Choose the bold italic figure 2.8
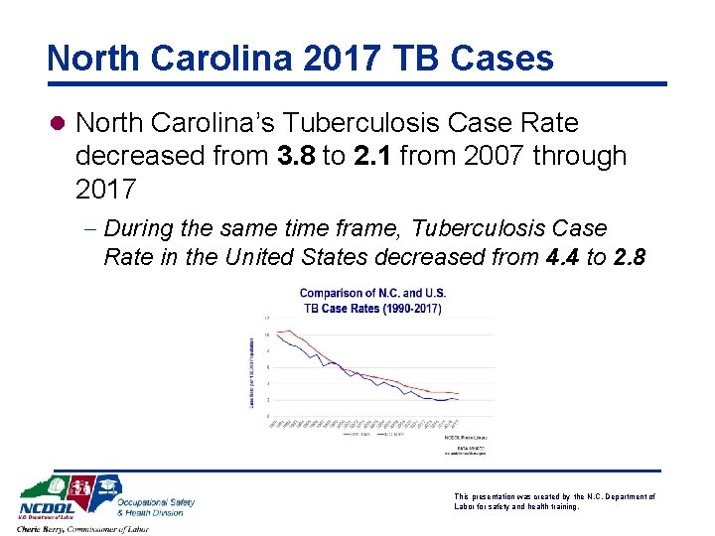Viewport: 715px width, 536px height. pyautogui.click(x=630, y=257)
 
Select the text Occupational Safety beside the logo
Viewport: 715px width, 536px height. pyautogui.click(x=155, y=501)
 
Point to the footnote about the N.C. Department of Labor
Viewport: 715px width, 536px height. pyautogui.click(x=553, y=501)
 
